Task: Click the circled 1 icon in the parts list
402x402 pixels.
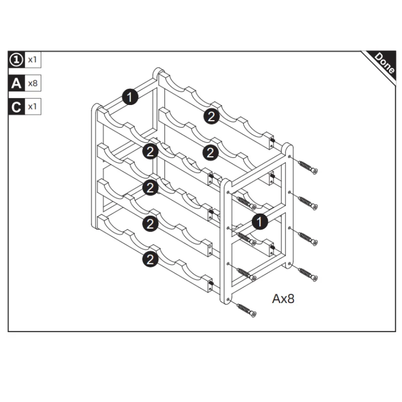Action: point(17,60)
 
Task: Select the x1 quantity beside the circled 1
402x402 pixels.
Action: point(33,60)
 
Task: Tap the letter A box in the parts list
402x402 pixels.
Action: point(17,83)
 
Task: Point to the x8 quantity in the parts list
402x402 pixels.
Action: point(33,83)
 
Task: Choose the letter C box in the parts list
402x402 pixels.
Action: point(17,107)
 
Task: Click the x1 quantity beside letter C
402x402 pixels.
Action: point(33,107)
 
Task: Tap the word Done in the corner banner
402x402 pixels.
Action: point(384,63)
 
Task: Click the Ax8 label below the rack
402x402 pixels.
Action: point(283,298)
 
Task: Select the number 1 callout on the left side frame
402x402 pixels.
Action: point(130,97)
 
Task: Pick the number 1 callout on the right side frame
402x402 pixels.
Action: point(260,222)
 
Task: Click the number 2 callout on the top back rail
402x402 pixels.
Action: point(212,116)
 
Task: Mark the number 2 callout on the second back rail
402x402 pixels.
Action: point(211,153)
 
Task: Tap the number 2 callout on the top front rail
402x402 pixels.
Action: point(150,151)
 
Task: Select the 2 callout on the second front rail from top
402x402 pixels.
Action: point(150,187)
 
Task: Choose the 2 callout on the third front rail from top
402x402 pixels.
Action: point(150,224)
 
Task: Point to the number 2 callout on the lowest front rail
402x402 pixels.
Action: point(150,259)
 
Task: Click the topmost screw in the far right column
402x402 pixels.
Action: point(308,167)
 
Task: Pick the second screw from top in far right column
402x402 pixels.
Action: point(308,203)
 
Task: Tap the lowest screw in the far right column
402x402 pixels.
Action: point(308,274)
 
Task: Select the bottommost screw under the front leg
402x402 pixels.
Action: point(246,310)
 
